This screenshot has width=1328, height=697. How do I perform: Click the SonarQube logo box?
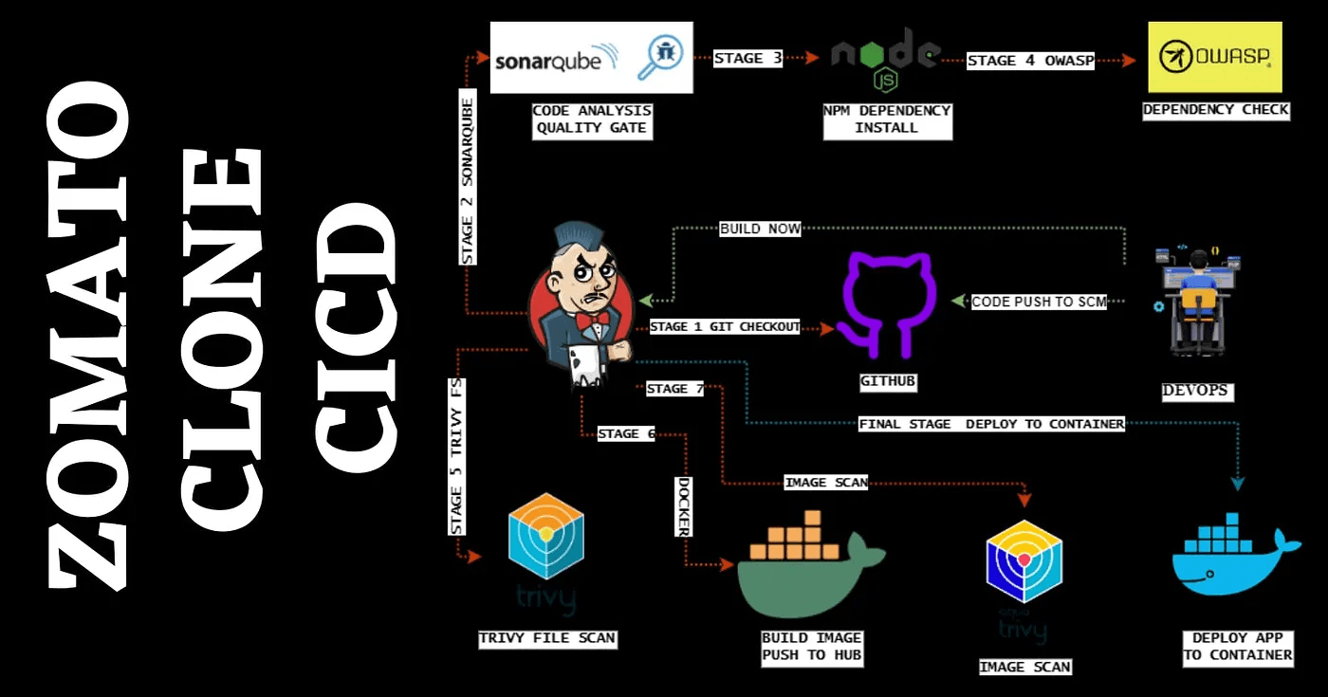pyautogui.click(x=591, y=59)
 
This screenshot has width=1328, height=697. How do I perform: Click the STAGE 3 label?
pyautogui.click(x=747, y=58)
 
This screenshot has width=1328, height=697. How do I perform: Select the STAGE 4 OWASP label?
pyautogui.click(x=1030, y=61)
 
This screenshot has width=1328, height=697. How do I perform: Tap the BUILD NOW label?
pyautogui.click(x=760, y=229)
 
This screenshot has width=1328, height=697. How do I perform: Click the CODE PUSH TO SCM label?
pyautogui.click(x=1039, y=302)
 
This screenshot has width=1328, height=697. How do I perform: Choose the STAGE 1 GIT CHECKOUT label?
pyautogui.click(x=725, y=327)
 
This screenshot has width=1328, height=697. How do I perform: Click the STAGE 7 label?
pyautogui.click(x=673, y=388)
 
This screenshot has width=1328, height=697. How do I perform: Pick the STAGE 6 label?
pyautogui.click(x=626, y=433)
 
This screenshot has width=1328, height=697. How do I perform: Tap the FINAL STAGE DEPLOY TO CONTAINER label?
pyautogui.click(x=991, y=424)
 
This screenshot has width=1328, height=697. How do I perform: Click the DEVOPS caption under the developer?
pyautogui.click(x=1197, y=390)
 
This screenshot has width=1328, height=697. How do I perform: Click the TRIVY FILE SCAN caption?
pyautogui.click(x=547, y=638)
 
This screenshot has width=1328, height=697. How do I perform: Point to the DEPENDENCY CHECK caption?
pyautogui.click(x=1215, y=109)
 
